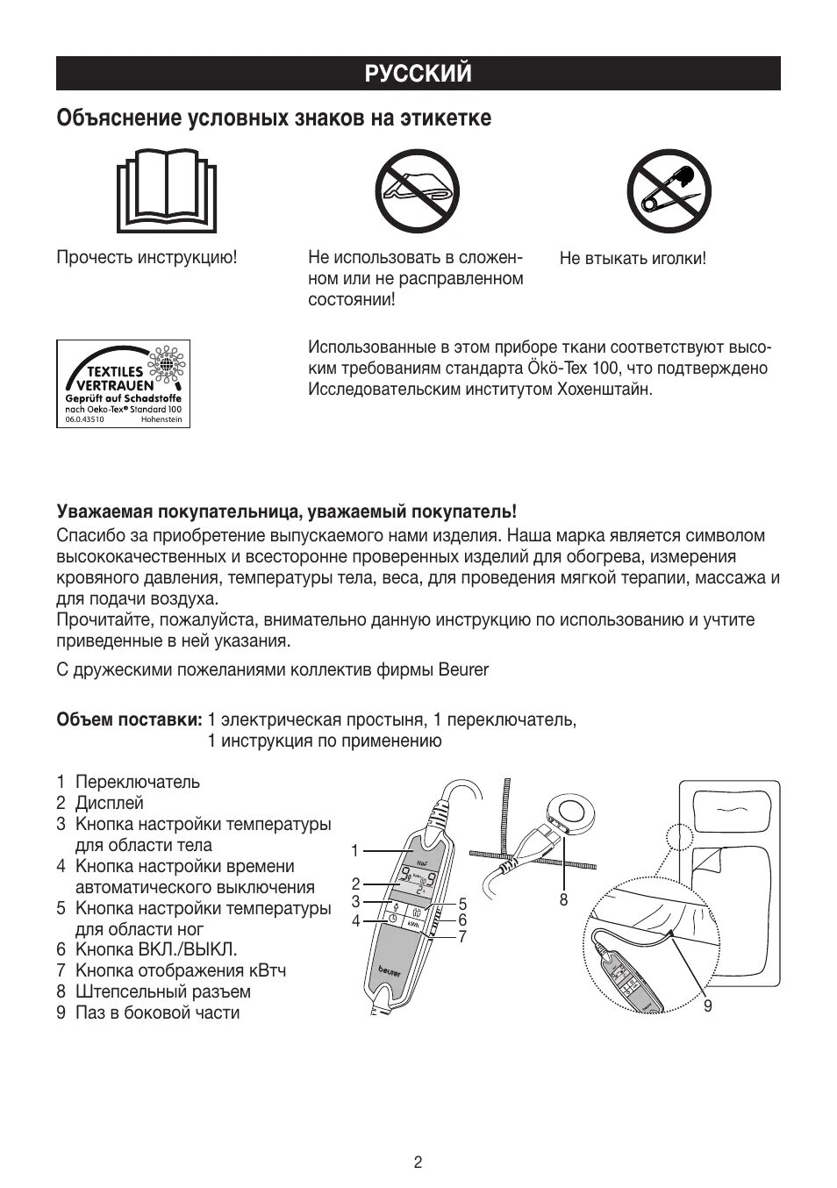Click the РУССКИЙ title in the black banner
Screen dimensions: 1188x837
(418, 74)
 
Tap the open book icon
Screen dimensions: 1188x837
(166, 190)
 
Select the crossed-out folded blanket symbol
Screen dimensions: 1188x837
(418, 190)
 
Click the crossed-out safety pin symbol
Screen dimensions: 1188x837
(669, 190)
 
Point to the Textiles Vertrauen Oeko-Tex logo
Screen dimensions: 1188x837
(124, 383)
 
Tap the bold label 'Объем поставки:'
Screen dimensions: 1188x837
(129, 720)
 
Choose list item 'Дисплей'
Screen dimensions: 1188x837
(109, 803)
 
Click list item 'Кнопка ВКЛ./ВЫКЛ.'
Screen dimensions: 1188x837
(156, 949)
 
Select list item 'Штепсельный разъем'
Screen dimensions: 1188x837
(162, 991)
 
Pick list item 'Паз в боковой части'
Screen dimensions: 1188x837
(157, 1013)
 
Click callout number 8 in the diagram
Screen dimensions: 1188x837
(563, 900)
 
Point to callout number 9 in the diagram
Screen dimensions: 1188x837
(708, 1006)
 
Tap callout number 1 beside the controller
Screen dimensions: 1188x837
(354, 850)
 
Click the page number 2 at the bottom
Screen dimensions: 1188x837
(418, 1163)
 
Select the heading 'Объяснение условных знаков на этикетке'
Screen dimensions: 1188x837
(274, 118)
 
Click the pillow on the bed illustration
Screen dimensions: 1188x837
(727, 812)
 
